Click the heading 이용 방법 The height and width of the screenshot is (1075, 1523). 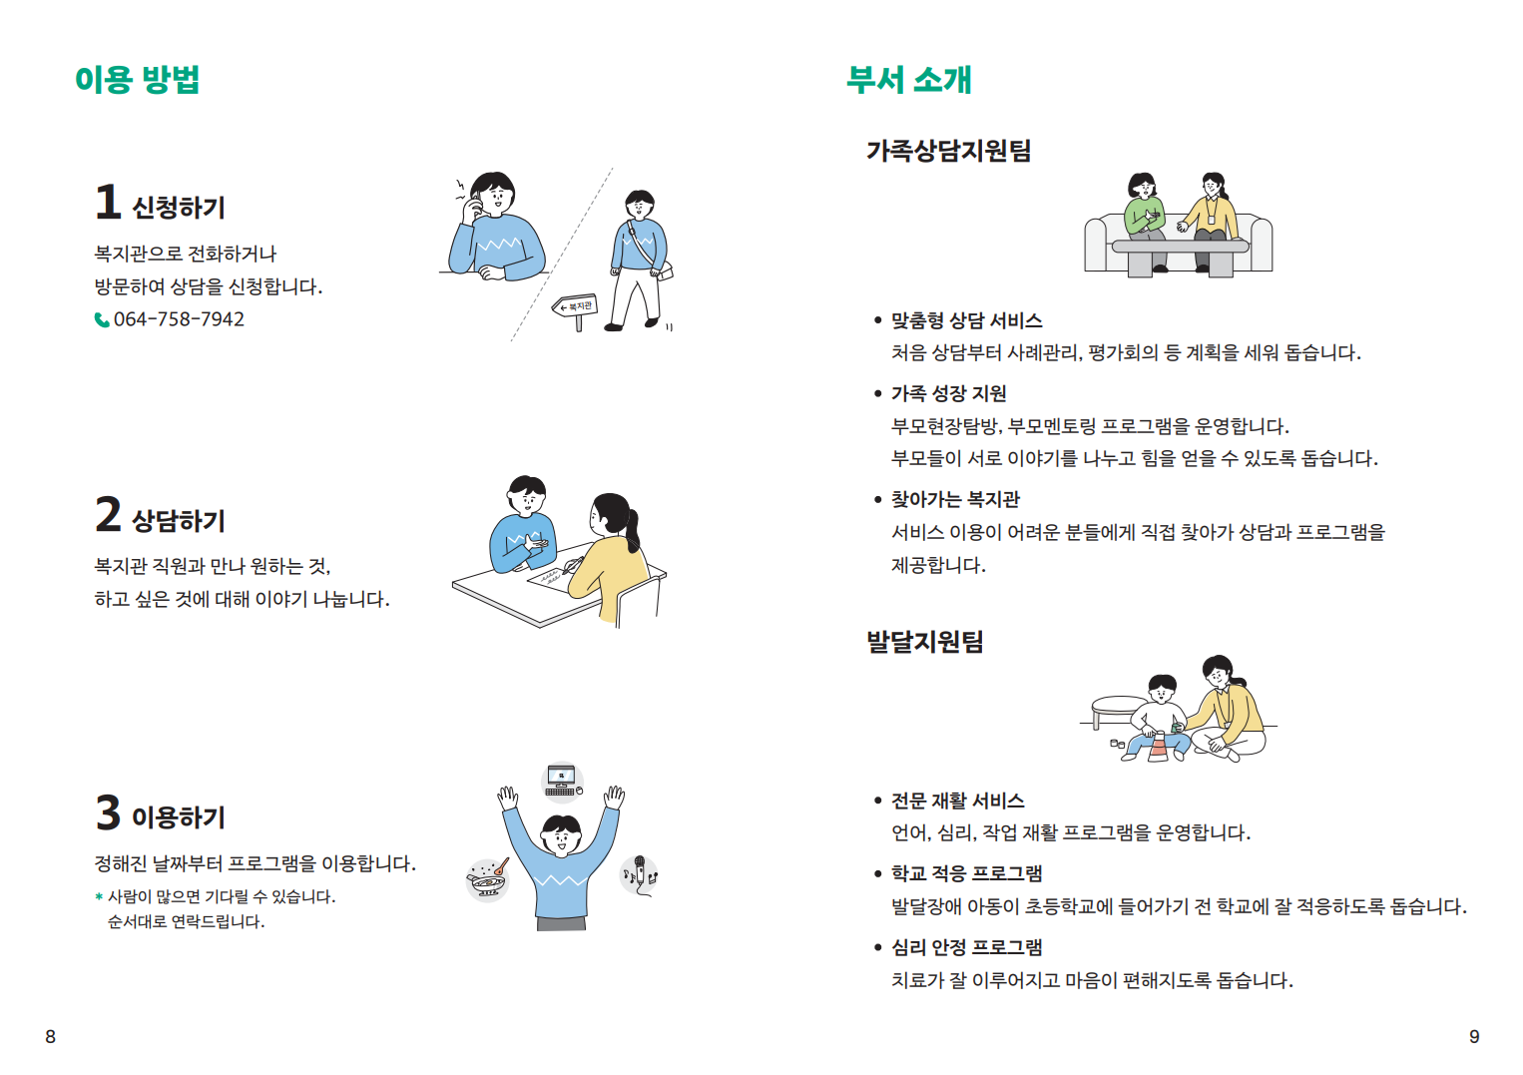[138, 79]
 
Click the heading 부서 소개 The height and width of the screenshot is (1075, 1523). [908, 79]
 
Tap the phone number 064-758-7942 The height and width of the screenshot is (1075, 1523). [179, 319]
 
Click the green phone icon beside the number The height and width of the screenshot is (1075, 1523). [102, 319]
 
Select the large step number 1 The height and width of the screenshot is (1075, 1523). [108, 203]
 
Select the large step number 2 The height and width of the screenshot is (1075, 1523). [108, 515]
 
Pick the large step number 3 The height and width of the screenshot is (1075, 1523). [108, 812]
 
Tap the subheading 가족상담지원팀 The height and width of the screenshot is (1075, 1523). [948, 151]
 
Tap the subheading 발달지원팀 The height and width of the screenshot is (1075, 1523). [924, 642]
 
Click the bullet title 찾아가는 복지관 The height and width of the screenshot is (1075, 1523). [955, 499]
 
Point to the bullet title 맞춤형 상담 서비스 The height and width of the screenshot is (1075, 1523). [966, 320]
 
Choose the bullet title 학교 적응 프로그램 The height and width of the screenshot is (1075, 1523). [966, 873]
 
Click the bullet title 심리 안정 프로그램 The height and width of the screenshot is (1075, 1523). [966, 947]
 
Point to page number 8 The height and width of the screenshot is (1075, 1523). [51, 1037]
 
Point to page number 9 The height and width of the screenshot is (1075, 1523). [1474, 1037]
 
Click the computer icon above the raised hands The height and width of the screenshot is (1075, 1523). [563, 782]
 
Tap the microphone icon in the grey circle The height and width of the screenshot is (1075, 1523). [639, 874]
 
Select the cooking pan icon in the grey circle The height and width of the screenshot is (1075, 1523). [488, 879]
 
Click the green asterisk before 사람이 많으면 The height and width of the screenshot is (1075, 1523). [99, 897]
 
